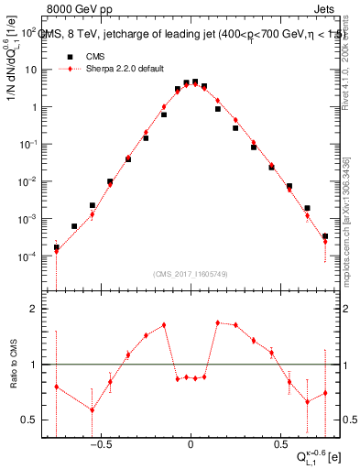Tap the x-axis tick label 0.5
278,439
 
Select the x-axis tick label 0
190,439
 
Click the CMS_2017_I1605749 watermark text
191,274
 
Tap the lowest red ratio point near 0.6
92,409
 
